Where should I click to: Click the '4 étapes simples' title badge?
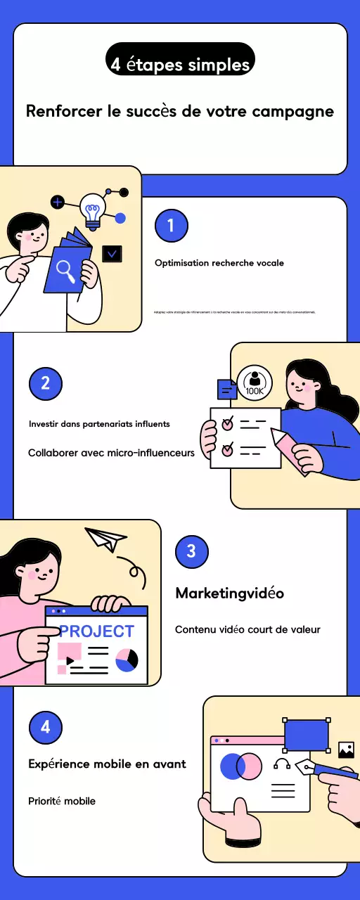[x=180, y=65]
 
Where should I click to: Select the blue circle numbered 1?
[x=171, y=226]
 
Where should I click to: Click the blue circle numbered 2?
[x=46, y=383]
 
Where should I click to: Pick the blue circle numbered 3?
[x=191, y=552]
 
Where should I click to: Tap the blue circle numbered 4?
[x=46, y=727]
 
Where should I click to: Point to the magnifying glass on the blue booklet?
[x=66, y=269]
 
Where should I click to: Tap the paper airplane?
[x=105, y=539]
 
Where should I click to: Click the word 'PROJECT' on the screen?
[x=96, y=631]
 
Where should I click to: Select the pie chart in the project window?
[x=127, y=660]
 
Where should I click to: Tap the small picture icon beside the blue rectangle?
[x=346, y=750]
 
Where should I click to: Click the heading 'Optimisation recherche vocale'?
[x=219, y=263]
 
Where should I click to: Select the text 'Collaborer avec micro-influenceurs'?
[x=111, y=453]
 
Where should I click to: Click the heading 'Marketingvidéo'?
[x=229, y=593]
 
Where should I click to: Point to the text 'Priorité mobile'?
[x=62, y=801]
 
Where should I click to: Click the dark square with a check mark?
[x=112, y=254]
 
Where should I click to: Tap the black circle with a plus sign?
[x=58, y=202]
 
